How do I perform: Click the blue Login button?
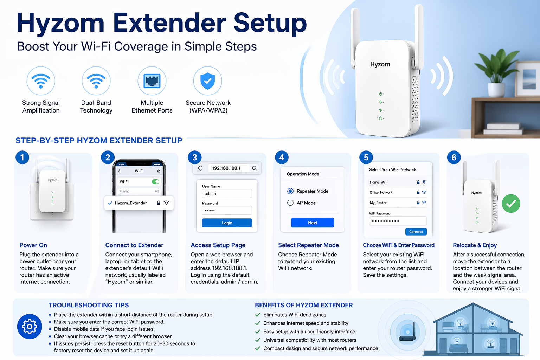[227, 223]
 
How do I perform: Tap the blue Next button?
[313, 223]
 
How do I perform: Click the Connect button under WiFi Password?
[416, 232]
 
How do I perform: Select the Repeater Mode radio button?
[290, 191]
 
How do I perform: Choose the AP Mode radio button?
[290, 203]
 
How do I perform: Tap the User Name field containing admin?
[227, 194]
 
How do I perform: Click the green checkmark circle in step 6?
[511, 204]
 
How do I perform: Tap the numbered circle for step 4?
[282, 157]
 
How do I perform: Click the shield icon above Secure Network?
[207, 81]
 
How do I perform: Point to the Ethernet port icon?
[152, 81]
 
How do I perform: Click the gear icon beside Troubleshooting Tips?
[30, 326]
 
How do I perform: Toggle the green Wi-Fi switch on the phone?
[155, 182]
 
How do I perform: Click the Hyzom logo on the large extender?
[380, 64]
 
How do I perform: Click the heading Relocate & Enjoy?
[475, 245]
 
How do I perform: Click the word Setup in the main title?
[270, 23]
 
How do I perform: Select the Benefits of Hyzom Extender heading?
[304, 305]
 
